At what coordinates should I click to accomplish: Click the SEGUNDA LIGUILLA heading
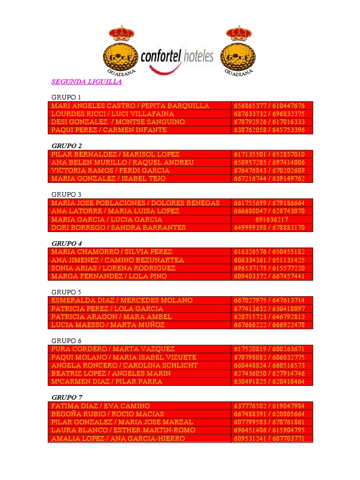[86, 82]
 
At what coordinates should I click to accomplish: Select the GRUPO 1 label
[66, 97]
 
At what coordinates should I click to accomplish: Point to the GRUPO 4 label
[67, 243]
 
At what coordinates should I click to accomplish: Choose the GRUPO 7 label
[67, 397]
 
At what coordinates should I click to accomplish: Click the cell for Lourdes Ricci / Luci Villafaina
[112, 114]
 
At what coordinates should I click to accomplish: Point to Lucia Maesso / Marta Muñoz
[108, 325]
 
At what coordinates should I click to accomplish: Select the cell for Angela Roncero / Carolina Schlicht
[124, 365]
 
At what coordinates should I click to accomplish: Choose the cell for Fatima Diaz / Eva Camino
[100, 406]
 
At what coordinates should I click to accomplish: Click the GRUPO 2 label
[67, 146]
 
